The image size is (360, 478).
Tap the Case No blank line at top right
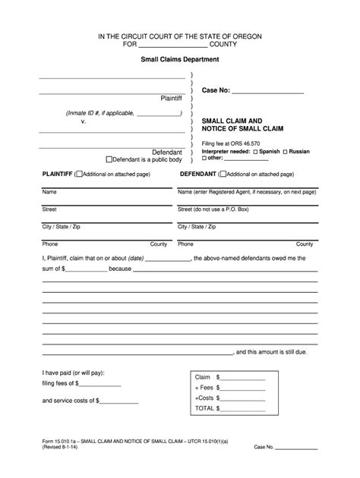[x=267, y=91]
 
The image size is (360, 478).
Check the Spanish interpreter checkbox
[x=256, y=152]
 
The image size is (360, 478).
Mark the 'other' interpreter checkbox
[x=204, y=159]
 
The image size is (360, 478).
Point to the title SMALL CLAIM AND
[x=232, y=121]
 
